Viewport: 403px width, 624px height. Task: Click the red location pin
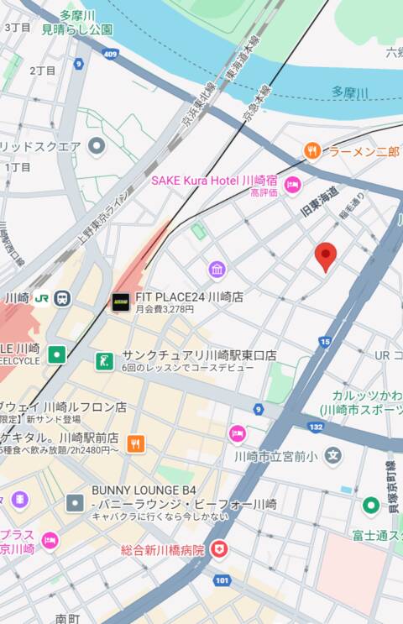click(x=326, y=256)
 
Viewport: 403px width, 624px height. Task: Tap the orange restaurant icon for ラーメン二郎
click(x=312, y=151)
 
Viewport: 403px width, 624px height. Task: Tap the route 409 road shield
click(x=110, y=55)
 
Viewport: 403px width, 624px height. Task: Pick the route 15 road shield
click(x=325, y=341)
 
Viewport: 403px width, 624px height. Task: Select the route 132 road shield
click(x=316, y=427)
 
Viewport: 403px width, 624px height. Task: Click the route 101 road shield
click(x=222, y=579)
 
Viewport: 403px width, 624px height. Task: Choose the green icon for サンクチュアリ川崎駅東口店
click(x=104, y=360)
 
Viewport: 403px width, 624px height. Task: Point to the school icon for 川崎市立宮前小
click(x=333, y=456)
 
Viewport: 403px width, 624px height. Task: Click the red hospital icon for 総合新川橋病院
click(x=218, y=549)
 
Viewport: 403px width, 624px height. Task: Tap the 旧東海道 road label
click(x=320, y=202)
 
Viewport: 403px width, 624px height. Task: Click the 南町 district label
click(x=67, y=618)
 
